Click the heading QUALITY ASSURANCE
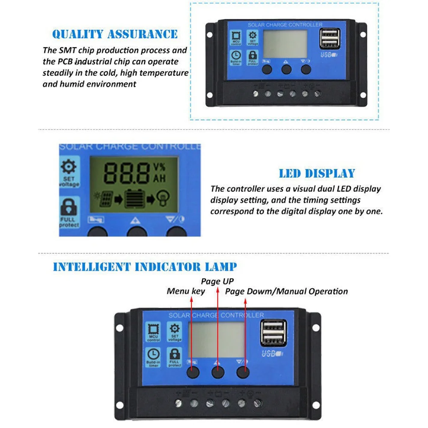(115, 34)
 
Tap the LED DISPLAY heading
(317, 173)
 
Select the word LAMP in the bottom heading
(221, 267)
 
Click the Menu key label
(186, 291)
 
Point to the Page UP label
(217, 281)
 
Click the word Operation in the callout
(329, 291)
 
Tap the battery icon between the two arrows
(134, 199)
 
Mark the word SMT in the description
(65, 51)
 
